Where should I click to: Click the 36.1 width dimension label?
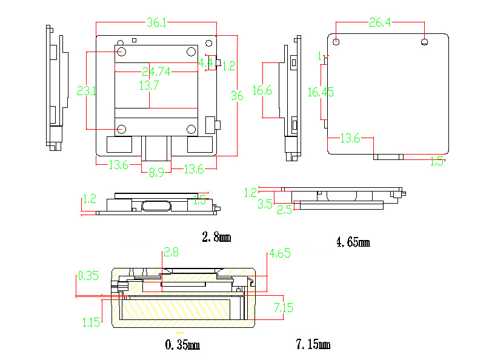(x=156, y=22)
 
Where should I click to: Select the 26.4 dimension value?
(x=380, y=22)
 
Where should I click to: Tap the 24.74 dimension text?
(x=156, y=71)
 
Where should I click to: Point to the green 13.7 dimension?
(x=148, y=85)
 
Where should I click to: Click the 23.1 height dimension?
(x=87, y=91)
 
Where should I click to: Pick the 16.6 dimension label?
(x=262, y=90)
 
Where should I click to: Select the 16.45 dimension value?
(x=320, y=92)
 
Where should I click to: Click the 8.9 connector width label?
(x=156, y=172)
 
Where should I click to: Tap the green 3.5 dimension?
(x=265, y=204)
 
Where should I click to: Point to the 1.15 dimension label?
(x=91, y=322)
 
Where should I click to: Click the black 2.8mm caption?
(x=216, y=237)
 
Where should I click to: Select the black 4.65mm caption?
(x=353, y=242)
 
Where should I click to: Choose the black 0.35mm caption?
(x=182, y=345)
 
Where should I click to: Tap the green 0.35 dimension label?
(x=88, y=276)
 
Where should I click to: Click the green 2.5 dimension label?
(x=285, y=210)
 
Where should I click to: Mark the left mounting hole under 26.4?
(x=336, y=42)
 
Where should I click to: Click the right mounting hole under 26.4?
(x=425, y=42)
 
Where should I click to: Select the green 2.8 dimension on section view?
(x=171, y=252)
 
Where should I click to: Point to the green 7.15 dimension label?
(x=283, y=308)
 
